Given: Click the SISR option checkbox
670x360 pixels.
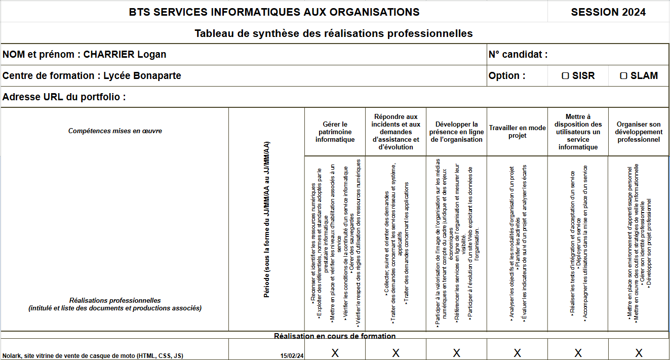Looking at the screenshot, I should pos(566,76).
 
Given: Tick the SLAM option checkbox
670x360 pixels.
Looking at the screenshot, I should pos(624,76).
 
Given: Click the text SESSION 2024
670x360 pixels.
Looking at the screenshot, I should pos(608,12).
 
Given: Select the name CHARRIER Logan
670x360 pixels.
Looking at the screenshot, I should pos(125,55).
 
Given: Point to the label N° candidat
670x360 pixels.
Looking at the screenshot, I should pos(518,55).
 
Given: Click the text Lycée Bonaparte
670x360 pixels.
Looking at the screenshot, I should pos(142,76).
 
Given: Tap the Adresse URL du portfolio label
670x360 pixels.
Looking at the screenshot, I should pos(64,97).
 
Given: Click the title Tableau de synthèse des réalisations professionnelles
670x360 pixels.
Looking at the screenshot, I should pos(334,33).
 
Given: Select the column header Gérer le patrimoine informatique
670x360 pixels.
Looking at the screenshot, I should pos(335,132).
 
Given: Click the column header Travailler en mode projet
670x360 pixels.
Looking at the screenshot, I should pos(517,132).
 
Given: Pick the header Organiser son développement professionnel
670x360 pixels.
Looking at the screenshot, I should pos(639,132).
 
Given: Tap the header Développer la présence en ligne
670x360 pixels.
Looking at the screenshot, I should pos(456,132).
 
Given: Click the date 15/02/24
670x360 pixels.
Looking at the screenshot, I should pos(292,356).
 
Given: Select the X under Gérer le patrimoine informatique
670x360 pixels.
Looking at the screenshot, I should pos(335,353).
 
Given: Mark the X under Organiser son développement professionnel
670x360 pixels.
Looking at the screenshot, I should pos(639,353).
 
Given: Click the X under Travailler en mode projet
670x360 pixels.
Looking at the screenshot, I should pos(517,353).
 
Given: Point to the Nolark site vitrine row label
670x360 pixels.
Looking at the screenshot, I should pos(93,356).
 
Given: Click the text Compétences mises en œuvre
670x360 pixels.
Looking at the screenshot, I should pos(115,131).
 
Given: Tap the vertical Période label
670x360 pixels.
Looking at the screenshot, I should pos(266,219).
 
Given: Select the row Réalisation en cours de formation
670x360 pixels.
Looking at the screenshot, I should pos(335,336).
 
